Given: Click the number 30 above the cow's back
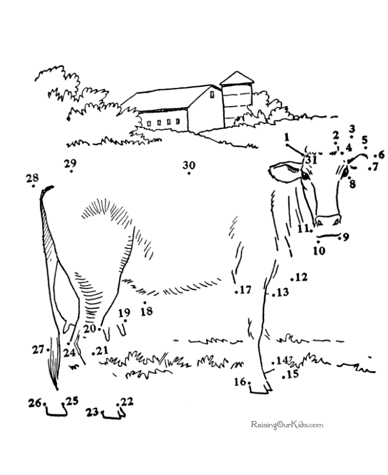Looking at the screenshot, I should pyautogui.click(x=189, y=165).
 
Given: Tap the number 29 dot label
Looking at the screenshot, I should pyautogui.click(x=71, y=162).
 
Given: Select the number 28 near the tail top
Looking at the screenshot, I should pyautogui.click(x=32, y=178).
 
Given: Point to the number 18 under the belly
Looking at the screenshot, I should pyautogui.click(x=147, y=311).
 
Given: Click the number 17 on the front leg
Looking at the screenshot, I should pyautogui.click(x=246, y=290).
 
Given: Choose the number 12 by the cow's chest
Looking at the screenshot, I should pyautogui.click(x=301, y=277).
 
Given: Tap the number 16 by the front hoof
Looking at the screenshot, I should pyautogui.click(x=240, y=381).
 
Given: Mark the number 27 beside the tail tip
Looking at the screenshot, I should pyautogui.click(x=38, y=349).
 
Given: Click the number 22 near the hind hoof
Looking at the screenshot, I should pyautogui.click(x=127, y=401).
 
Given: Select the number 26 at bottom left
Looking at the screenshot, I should pyautogui.click(x=35, y=402).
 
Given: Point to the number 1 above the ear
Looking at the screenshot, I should pyautogui.click(x=286, y=137).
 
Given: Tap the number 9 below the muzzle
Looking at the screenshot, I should pyautogui.click(x=345, y=236).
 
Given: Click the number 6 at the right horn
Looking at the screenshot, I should pyautogui.click(x=380, y=155).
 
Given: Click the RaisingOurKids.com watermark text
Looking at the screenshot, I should pyautogui.click(x=287, y=425).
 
